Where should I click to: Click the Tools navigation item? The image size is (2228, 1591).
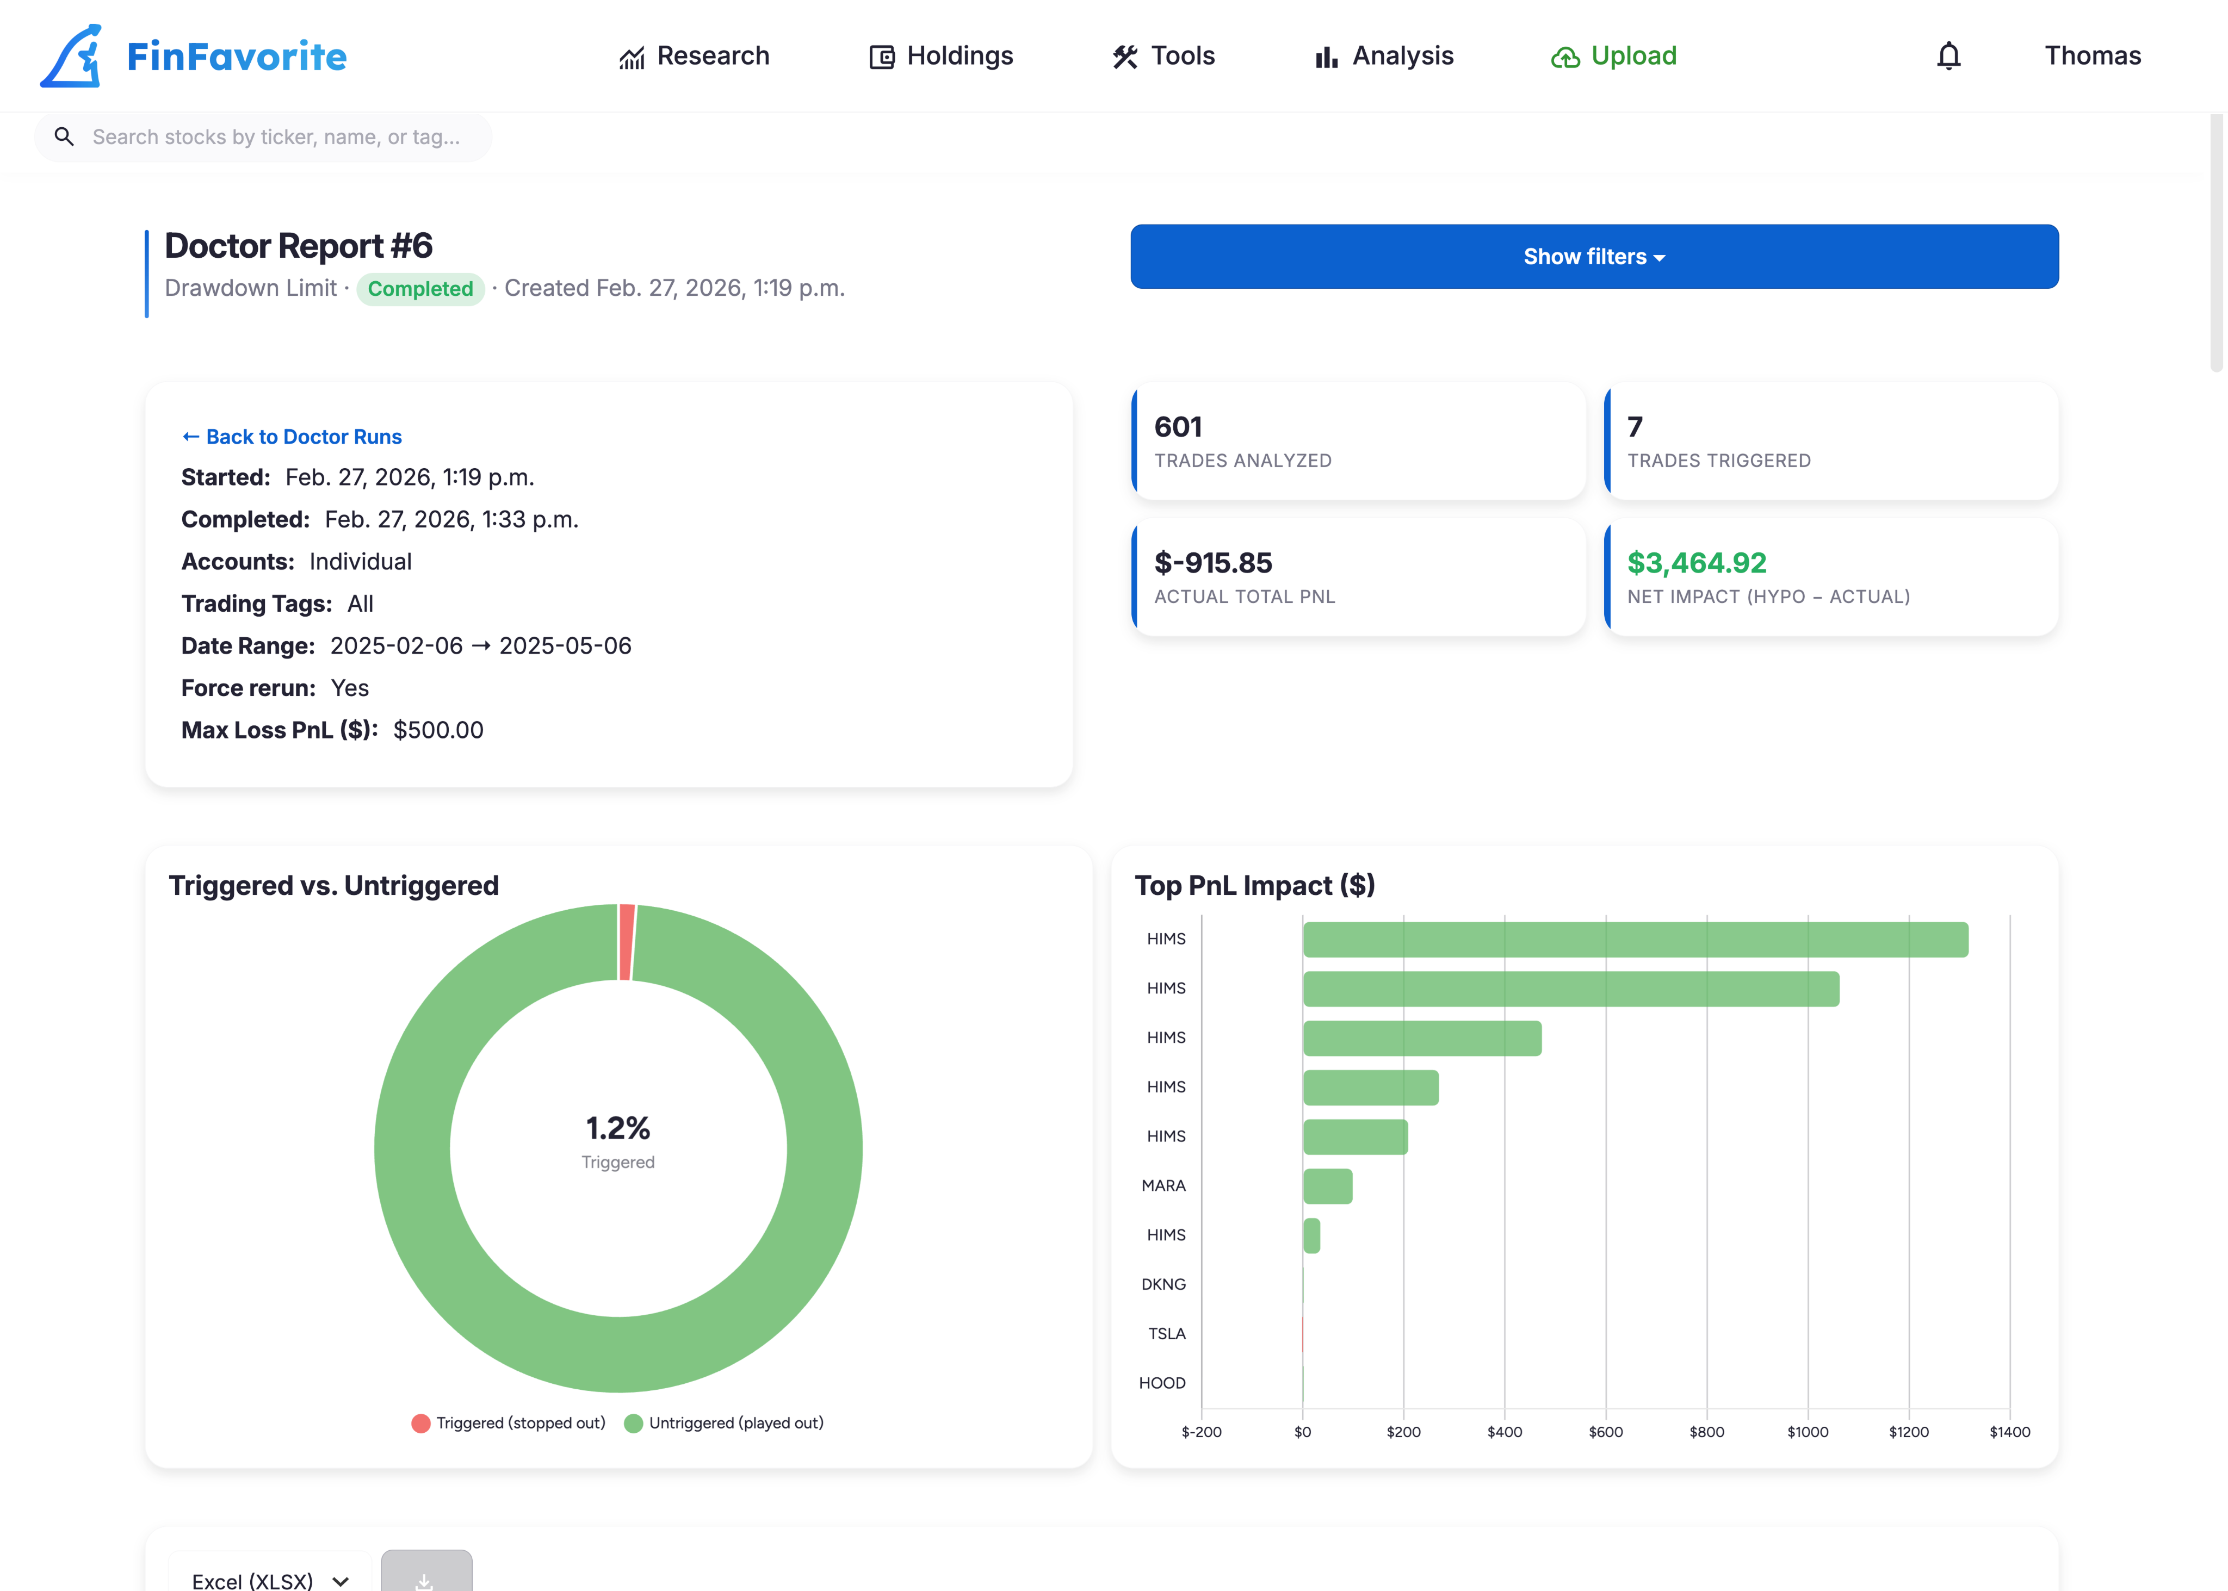1164,56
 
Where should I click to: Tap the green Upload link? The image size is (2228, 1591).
1614,56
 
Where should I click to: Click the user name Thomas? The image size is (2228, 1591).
2092,56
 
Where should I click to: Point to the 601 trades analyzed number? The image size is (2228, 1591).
1178,427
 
